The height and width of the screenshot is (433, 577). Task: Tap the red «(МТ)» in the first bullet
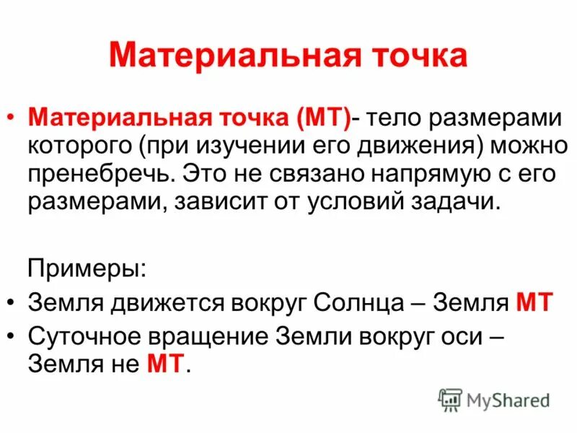click(318, 118)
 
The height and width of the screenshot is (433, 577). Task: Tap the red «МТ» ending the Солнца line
click(534, 302)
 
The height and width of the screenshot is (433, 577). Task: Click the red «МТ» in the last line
click(167, 364)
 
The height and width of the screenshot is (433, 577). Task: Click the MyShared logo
click(494, 400)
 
